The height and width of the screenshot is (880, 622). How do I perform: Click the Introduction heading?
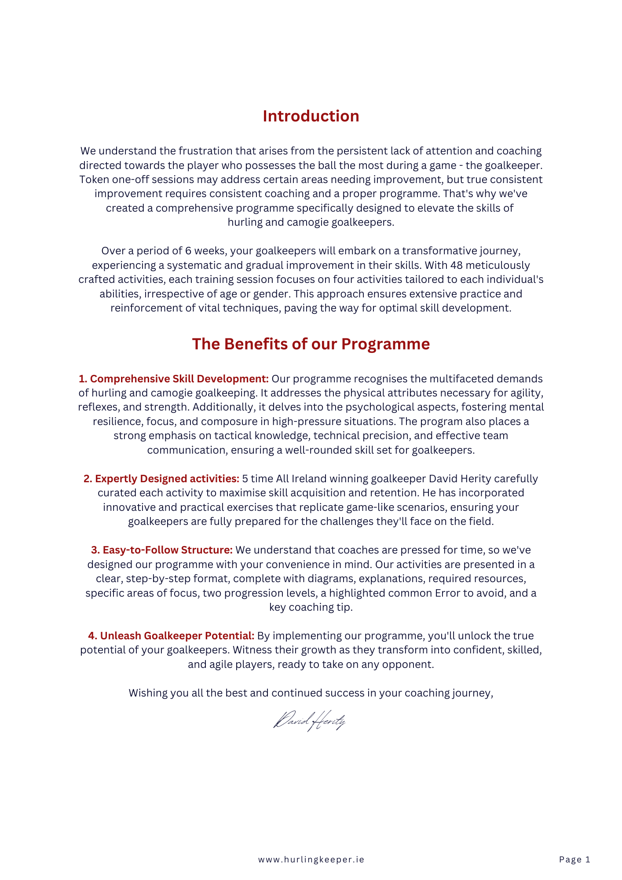(x=311, y=116)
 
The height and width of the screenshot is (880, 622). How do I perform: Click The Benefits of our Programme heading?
(x=311, y=344)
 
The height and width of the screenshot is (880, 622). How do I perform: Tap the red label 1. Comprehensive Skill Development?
(x=173, y=379)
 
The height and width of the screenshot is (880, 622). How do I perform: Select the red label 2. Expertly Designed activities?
(x=161, y=479)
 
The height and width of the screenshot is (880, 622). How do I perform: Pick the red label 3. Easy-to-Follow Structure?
(x=162, y=550)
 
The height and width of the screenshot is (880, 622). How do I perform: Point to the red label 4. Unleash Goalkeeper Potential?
(x=171, y=636)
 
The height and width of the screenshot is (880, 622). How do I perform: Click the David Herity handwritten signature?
(x=310, y=721)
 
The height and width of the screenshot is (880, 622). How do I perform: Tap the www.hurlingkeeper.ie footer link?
(x=311, y=859)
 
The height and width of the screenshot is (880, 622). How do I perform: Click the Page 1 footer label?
(x=574, y=859)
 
